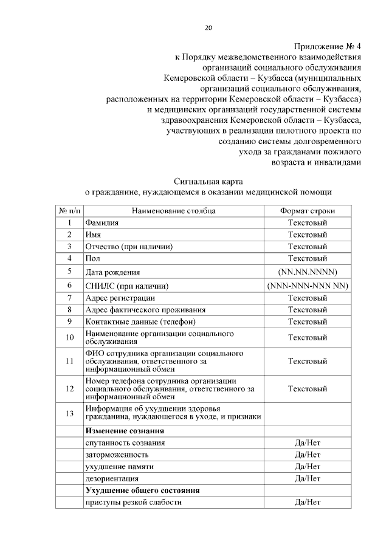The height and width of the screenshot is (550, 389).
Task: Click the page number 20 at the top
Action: (x=208, y=27)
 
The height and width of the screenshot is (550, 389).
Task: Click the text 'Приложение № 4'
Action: (x=328, y=46)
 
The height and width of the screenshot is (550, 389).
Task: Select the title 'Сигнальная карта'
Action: (x=208, y=181)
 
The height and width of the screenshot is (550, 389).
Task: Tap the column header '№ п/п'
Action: (x=69, y=211)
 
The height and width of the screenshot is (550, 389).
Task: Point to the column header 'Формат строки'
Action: (x=307, y=211)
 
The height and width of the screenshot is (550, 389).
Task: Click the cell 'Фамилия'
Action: (x=102, y=223)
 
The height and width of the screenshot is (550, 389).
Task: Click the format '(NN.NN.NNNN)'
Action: (x=307, y=271)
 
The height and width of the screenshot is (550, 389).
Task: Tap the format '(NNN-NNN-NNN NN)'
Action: (x=307, y=286)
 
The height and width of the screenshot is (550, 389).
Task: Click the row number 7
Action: (x=70, y=298)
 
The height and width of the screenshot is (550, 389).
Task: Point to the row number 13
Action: (x=69, y=413)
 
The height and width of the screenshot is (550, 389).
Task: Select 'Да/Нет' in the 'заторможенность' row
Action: (x=307, y=455)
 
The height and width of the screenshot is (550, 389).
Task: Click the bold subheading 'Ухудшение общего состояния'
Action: (x=143, y=490)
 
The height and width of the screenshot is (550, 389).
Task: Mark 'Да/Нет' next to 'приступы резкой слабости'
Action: (x=307, y=503)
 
